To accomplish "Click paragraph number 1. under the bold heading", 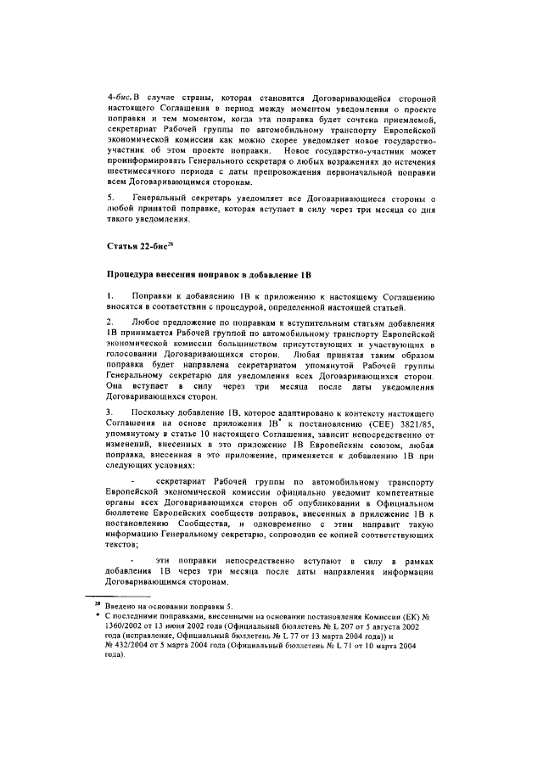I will [x=109, y=294].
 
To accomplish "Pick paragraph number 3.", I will [x=109, y=410].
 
